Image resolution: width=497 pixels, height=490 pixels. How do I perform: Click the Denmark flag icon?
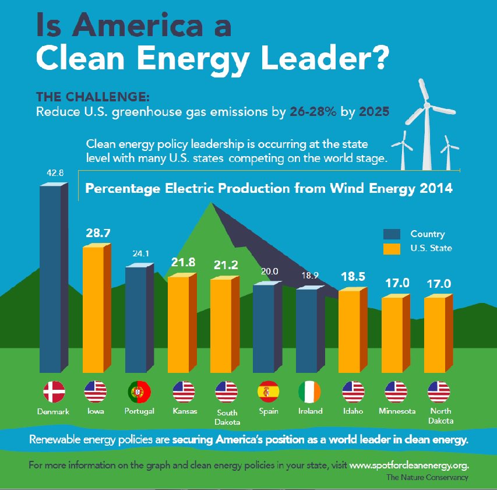coord(54,392)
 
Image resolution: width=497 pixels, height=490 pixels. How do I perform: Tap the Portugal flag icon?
coord(139,392)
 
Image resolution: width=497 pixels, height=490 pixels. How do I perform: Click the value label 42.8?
coord(54,172)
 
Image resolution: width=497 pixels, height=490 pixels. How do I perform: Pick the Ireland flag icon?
coord(310,392)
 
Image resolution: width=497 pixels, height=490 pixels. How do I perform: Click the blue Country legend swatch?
coord(392,234)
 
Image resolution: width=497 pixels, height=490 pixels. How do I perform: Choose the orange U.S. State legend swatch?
coord(392,248)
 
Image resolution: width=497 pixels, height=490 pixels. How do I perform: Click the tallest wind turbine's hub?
coord(427,106)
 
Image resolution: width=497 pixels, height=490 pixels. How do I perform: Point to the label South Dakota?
coord(227,416)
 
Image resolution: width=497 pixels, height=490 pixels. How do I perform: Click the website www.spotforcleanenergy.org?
coord(409,466)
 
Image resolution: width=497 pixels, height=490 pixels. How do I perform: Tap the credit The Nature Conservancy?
coord(427,477)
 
